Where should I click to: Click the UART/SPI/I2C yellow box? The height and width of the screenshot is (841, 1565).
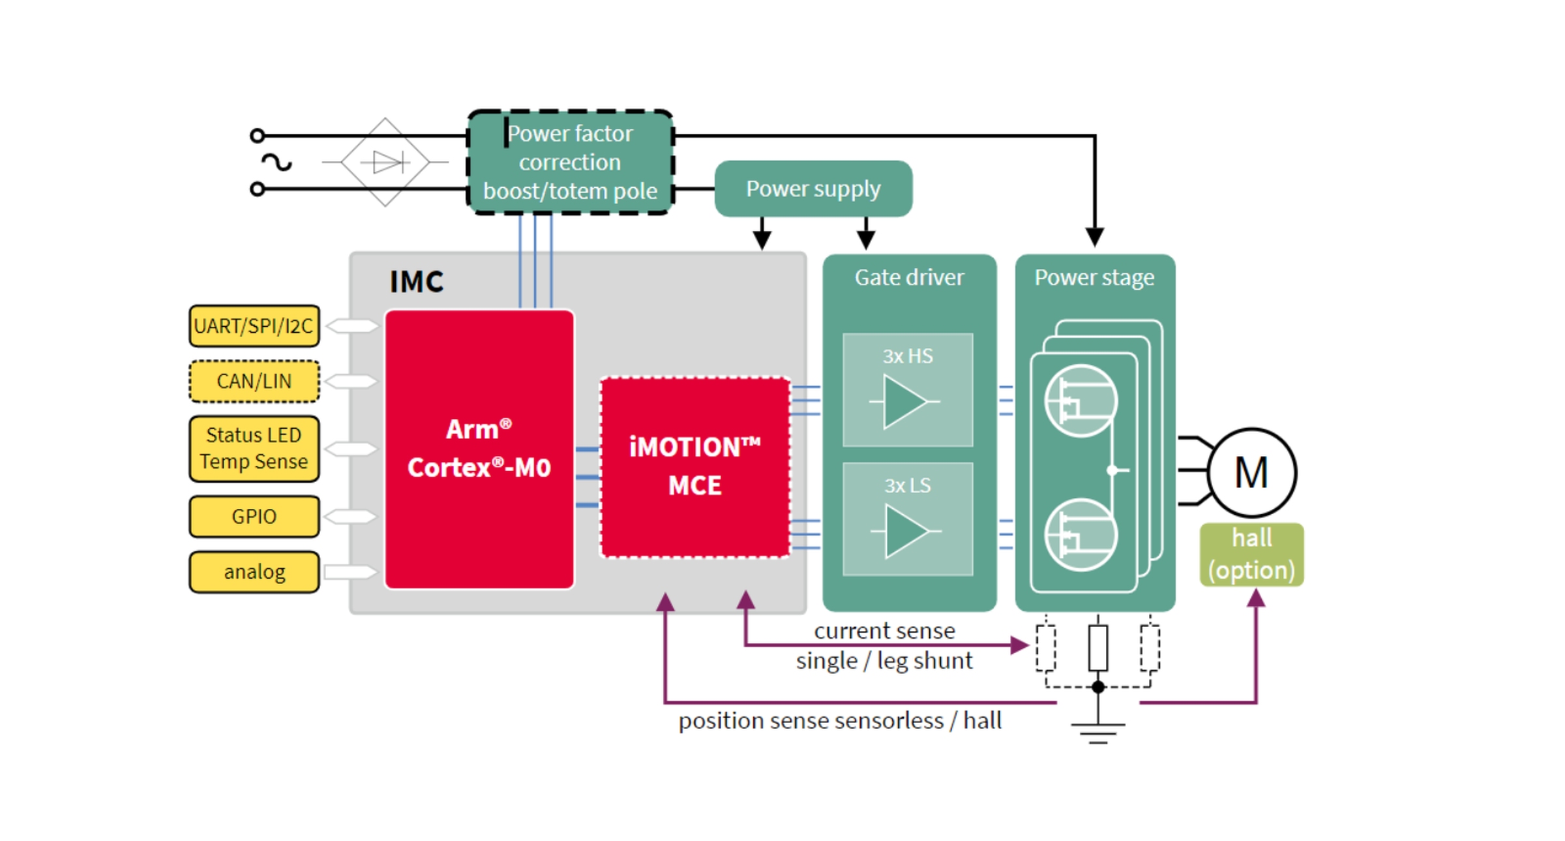click(x=254, y=326)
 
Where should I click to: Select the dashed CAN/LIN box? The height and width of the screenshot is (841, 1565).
click(x=254, y=381)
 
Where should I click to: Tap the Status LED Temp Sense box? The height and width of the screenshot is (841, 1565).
click(x=254, y=448)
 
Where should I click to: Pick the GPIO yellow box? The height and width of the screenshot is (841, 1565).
click(x=254, y=516)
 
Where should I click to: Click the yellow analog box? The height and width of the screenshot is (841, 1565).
click(x=254, y=572)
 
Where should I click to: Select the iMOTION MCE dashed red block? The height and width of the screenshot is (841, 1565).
click(x=694, y=467)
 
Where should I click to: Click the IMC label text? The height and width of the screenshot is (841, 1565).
click(x=416, y=282)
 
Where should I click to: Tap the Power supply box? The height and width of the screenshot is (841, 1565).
click(x=812, y=189)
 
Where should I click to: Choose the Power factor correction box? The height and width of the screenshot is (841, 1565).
click(x=570, y=162)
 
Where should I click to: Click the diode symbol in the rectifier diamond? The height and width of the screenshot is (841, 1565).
click(x=389, y=162)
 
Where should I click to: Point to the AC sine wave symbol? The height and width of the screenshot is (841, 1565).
click(x=276, y=162)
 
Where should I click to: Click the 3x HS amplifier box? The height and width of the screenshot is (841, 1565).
click(x=907, y=390)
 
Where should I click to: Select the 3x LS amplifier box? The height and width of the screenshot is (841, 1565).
click(x=907, y=519)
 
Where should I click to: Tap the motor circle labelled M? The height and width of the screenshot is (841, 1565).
click(x=1251, y=472)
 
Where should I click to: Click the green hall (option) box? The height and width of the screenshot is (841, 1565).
click(x=1251, y=555)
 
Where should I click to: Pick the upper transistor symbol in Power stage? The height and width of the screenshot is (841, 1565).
click(x=1080, y=401)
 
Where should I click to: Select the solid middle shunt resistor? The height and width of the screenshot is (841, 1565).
click(x=1097, y=647)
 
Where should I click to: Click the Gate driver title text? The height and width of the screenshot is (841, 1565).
click(x=908, y=277)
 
